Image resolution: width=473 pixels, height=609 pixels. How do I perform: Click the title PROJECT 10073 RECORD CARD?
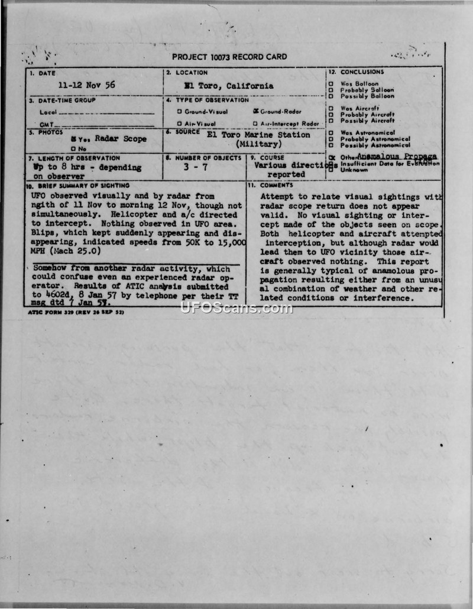(x=229, y=57)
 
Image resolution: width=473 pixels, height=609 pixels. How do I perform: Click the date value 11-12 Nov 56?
(x=90, y=85)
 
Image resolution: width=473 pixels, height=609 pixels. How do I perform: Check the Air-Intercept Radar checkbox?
(x=255, y=124)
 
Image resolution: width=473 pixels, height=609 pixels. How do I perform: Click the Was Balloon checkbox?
(x=331, y=84)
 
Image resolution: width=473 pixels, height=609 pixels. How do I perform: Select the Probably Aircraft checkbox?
(x=331, y=114)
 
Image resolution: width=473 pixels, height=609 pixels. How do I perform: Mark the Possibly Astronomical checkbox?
(x=331, y=145)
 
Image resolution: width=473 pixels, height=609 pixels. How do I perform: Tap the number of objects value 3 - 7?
(x=203, y=167)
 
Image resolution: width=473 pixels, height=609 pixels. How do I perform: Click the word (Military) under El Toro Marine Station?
(x=259, y=144)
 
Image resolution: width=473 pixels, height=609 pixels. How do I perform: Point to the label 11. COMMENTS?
(x=276, y=186)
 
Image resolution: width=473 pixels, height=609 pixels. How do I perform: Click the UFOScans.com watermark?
(x=237, y=308)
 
